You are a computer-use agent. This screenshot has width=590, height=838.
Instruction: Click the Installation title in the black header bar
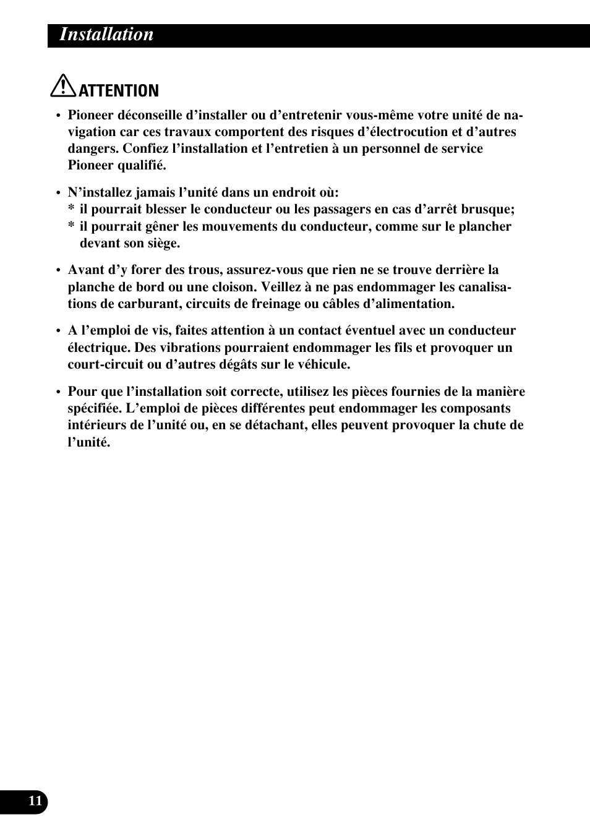106,35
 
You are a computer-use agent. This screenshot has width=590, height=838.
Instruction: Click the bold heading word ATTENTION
119,91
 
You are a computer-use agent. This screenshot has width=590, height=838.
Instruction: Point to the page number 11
35,802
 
